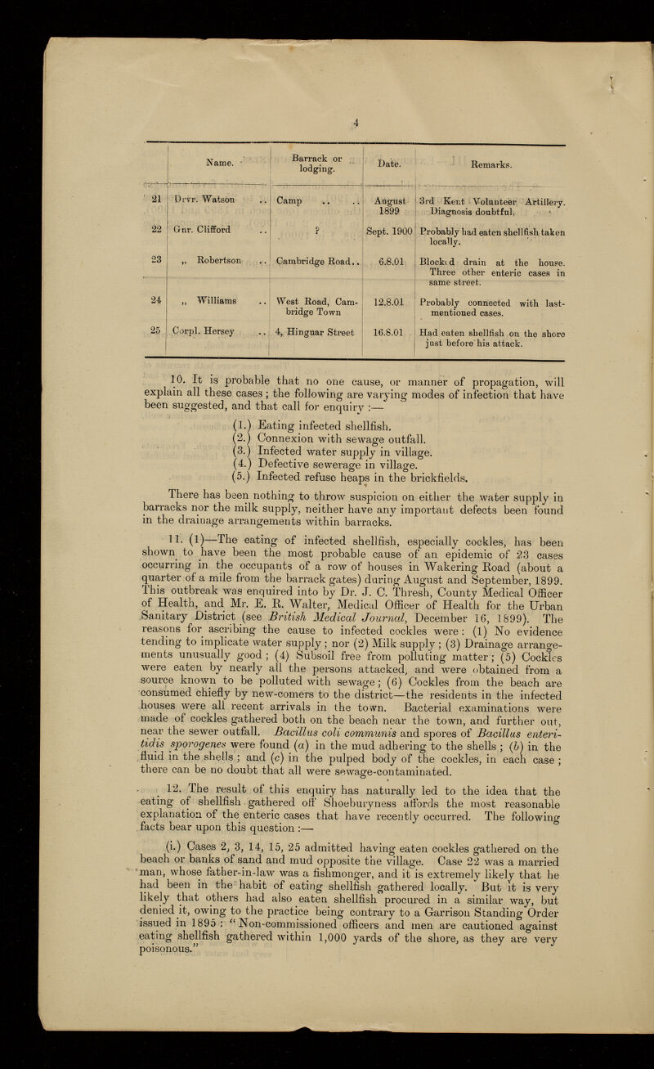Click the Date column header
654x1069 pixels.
[386, 164]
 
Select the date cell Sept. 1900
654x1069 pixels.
[385, 231]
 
